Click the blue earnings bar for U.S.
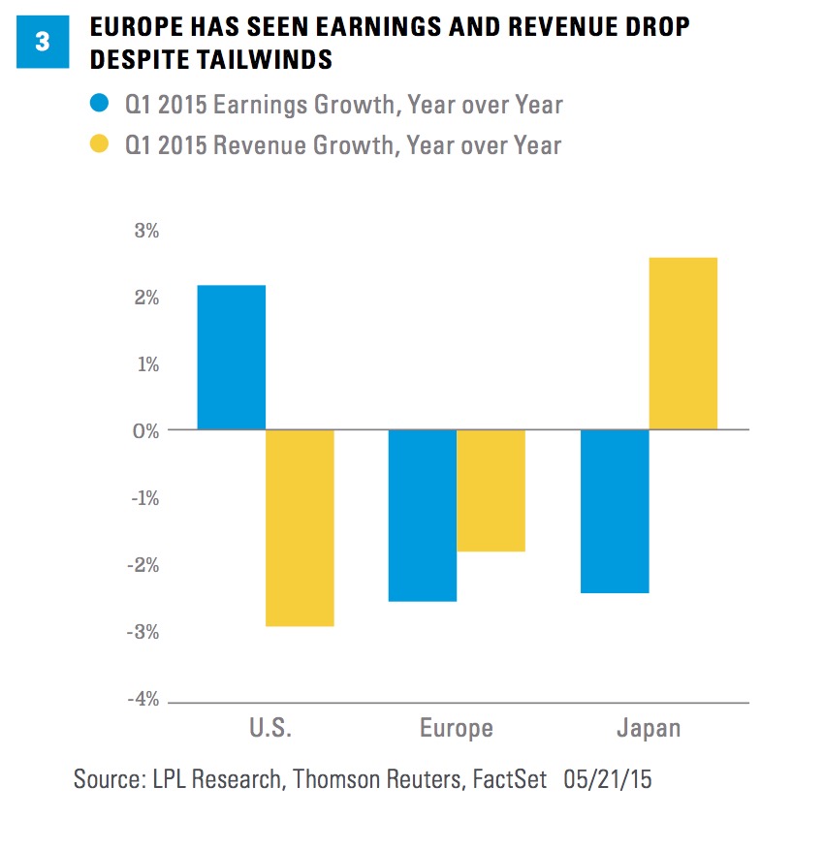pos(231,357)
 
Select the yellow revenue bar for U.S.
pos(300,527)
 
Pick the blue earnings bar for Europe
pos(422,515)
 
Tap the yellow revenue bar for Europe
pos(491,490)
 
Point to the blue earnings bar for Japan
pos(615,511)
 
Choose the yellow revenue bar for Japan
pos(682,343)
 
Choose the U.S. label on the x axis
pos(265,729)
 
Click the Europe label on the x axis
pos(456,729)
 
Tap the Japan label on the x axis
pos(649,729)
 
